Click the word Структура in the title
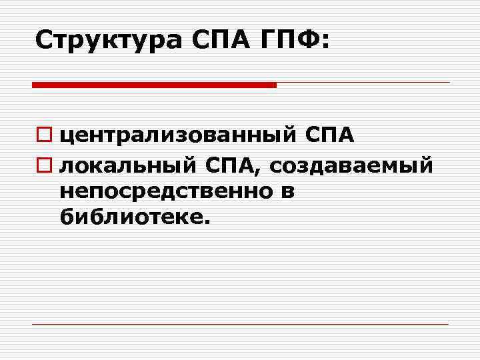point(108,41)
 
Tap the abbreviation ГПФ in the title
point(291,41)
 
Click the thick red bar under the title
point(154,85)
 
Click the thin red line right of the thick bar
point(363,83)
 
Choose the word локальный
point(127,164)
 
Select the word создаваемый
point(351,164)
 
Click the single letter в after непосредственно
point(287,192)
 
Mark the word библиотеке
point(131,218)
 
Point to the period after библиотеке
point(206,224)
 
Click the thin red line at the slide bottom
point(240,324)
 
